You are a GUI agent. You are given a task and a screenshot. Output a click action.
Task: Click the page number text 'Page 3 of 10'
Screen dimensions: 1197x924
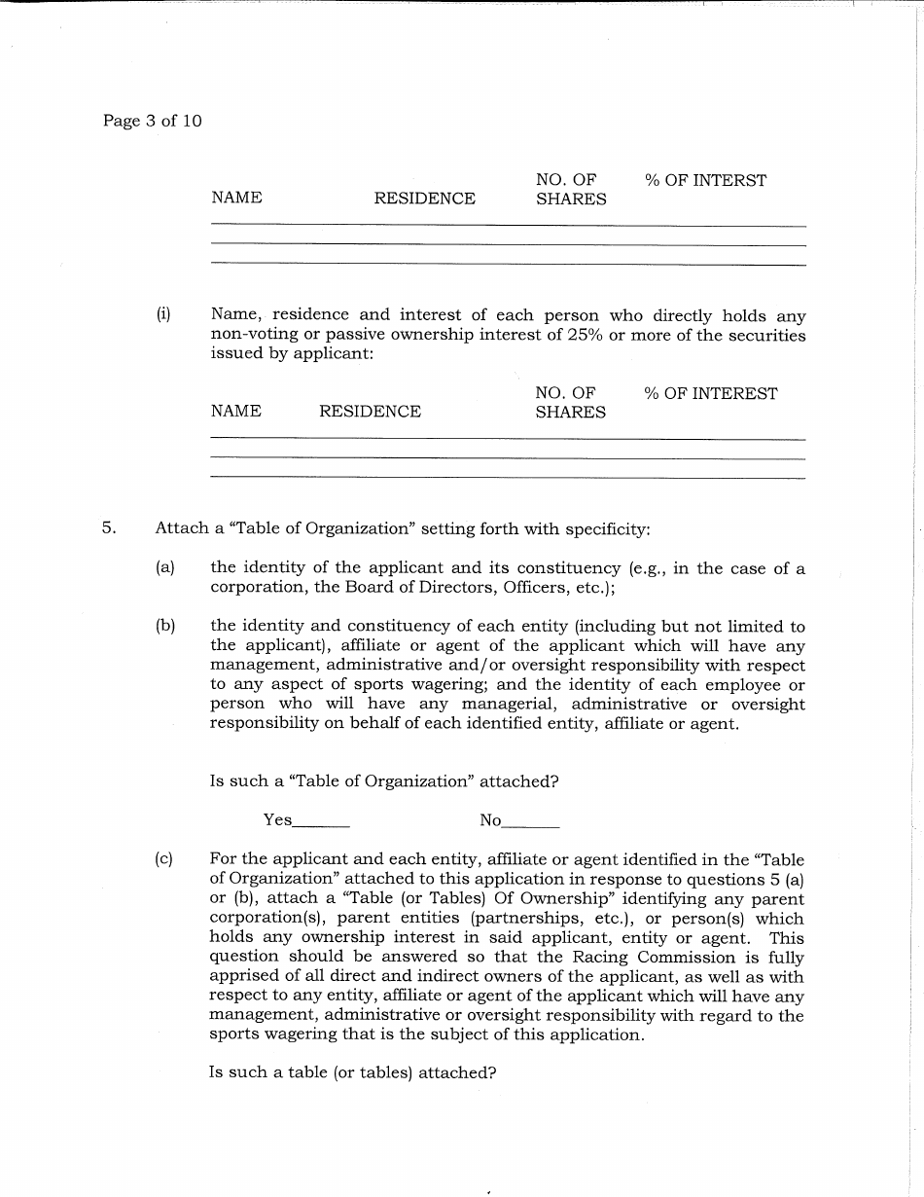152,122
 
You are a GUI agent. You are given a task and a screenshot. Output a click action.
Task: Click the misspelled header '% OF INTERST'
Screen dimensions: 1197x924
705,180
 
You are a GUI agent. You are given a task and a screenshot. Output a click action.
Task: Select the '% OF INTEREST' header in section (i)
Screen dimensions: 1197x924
710,393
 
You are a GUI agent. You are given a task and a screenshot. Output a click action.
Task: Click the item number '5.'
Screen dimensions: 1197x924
109,528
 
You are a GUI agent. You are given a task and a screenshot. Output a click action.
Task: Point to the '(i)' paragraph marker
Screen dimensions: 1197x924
163,314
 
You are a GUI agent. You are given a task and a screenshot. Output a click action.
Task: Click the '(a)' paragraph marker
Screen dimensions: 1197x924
164,567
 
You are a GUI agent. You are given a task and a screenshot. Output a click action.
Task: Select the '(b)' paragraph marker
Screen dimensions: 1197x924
164,626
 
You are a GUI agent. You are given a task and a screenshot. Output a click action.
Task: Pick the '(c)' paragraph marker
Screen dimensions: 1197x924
164,859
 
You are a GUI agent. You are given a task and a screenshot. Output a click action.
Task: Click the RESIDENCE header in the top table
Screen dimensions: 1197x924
425,199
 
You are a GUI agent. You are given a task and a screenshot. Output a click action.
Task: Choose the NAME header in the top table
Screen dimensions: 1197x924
236,198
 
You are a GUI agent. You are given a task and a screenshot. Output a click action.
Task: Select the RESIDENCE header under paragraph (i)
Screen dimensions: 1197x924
370,412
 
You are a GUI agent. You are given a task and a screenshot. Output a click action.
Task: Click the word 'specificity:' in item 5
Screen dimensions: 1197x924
608,528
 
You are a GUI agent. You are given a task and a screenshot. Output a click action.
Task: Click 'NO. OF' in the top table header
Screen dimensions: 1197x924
566,180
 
